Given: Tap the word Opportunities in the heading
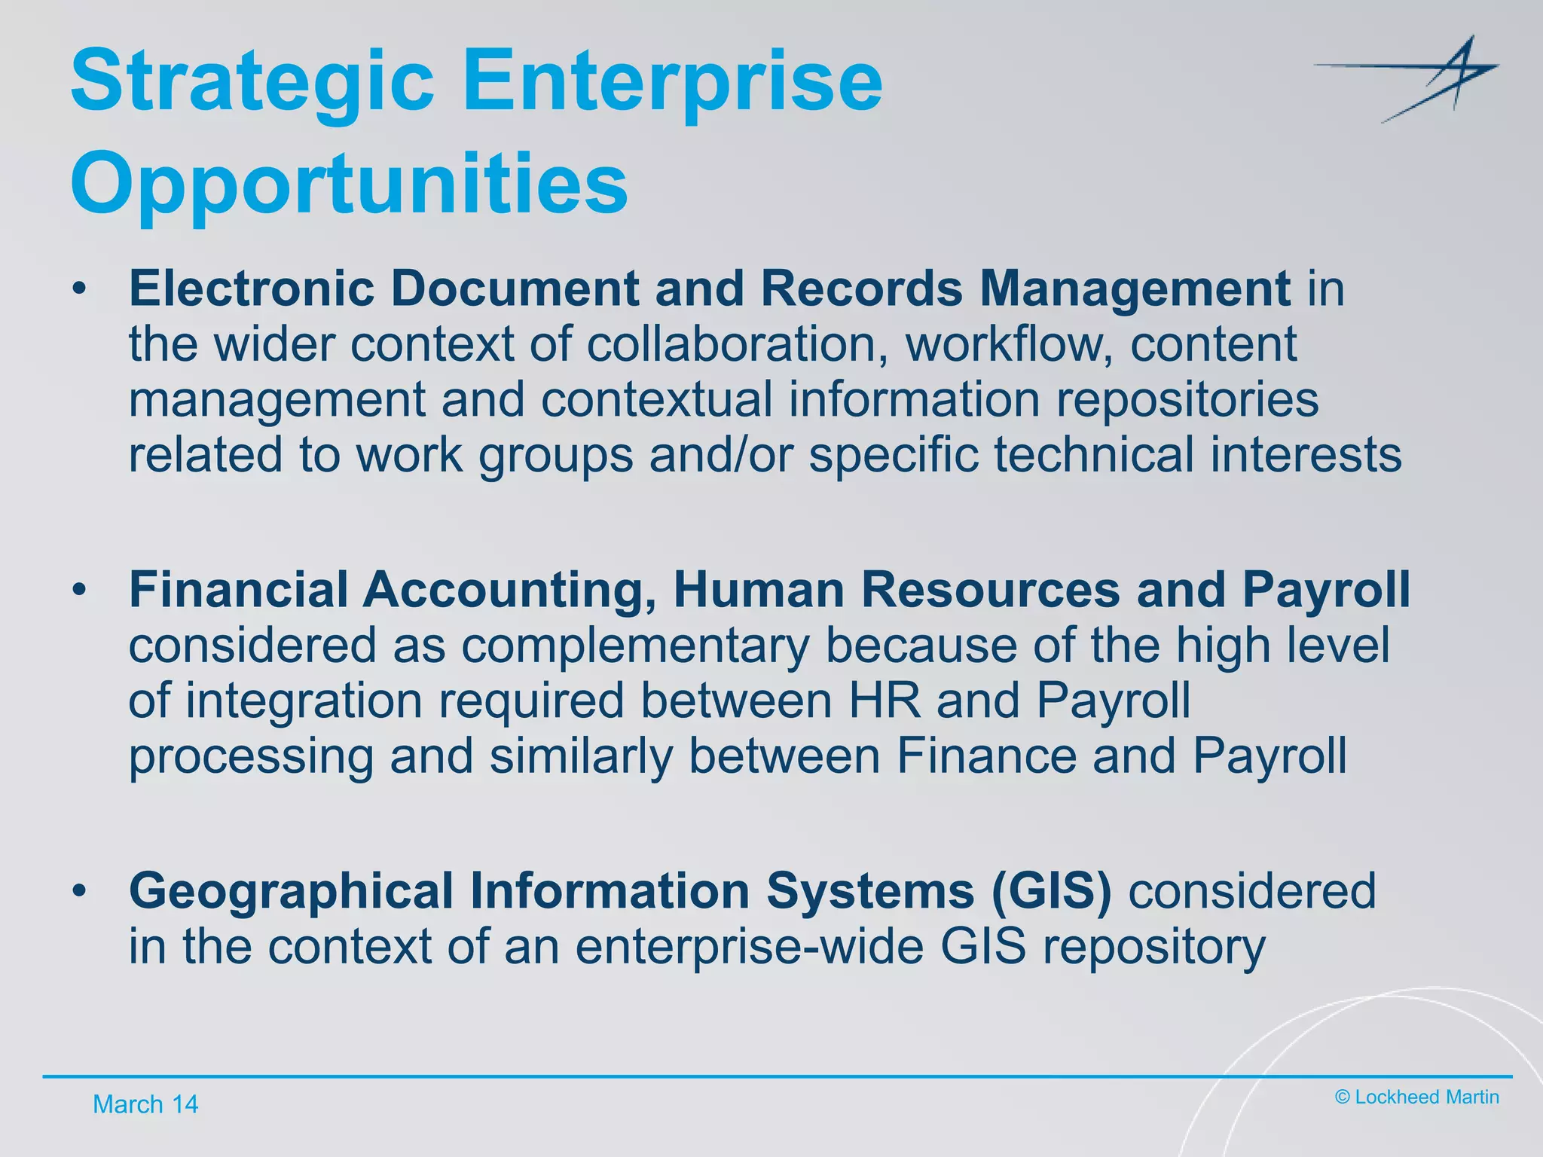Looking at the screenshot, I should pyautogui.click(x=349, y=185).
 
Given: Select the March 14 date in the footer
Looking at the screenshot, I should pyautogui.click(x=145, y=1104).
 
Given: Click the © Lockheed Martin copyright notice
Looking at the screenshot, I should pyautogui.click(x=1416, y=1097).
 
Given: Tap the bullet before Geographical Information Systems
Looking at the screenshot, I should pyautogui.click(x=80, y=891).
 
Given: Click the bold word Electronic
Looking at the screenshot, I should pyautogui.click(x=252, y=288).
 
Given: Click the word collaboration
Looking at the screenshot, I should pyautogui.click(x=736, y=344).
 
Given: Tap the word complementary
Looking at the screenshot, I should pyautogui.click(x=635, y=646).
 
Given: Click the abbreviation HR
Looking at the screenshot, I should pyautogui.click(x=885, y=701).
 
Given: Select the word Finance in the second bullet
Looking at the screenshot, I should pyautogui.click(x=986, y=756).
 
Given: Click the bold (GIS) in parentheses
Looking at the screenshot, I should pyautogui.click(x=1051, y=891).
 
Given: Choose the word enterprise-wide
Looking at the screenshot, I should pyautogui.click(x=749, y=947).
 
